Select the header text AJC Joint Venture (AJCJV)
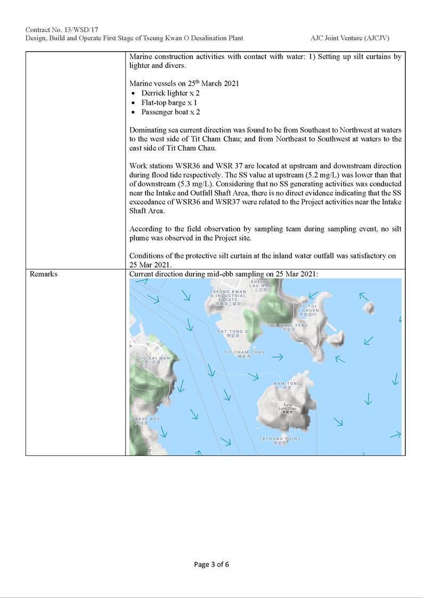pos(353,38)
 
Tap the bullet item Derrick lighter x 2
pos(170,93)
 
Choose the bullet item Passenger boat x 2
pos(170,112)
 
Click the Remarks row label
pos(44,274)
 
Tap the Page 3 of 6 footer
pos(211,564)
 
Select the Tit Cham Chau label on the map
pos(244,353)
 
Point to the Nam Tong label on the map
pos(287,383)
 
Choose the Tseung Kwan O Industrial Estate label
pos(228,296)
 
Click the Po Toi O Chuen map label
pos(308,310)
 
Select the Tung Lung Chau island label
pos(288,407)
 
